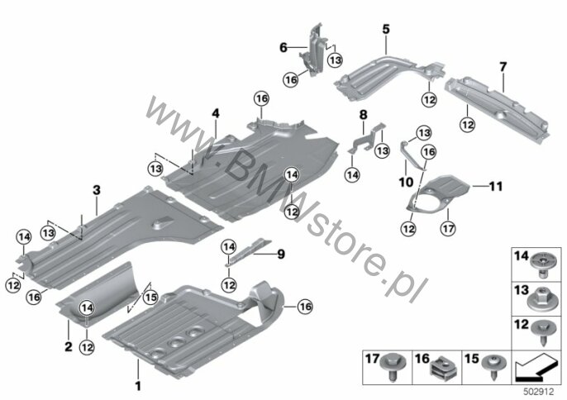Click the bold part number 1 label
coord(138,386)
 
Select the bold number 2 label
coord(69,347)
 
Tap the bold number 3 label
coord(97,190)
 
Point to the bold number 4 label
coord(216,113)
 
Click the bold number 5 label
coord(386,29)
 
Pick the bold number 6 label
coord(283,47)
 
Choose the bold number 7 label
coord(503,67)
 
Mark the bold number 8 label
coord(364,115)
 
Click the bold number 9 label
coord(281,255)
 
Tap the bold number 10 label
coord(406,182)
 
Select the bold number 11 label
coord(496,186)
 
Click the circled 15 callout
coord(150,298)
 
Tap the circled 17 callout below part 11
coord(448,228)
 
